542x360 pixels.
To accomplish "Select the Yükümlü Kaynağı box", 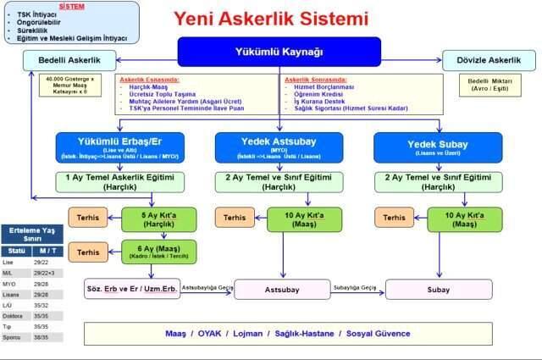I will [279, 52].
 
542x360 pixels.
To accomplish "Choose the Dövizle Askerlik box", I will [489, 60].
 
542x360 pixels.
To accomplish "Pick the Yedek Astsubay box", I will [279, 147].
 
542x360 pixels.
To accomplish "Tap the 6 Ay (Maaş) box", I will [158, 252].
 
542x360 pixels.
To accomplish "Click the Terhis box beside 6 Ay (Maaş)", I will [88, 252].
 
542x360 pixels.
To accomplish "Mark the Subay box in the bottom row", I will [438, 289].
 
